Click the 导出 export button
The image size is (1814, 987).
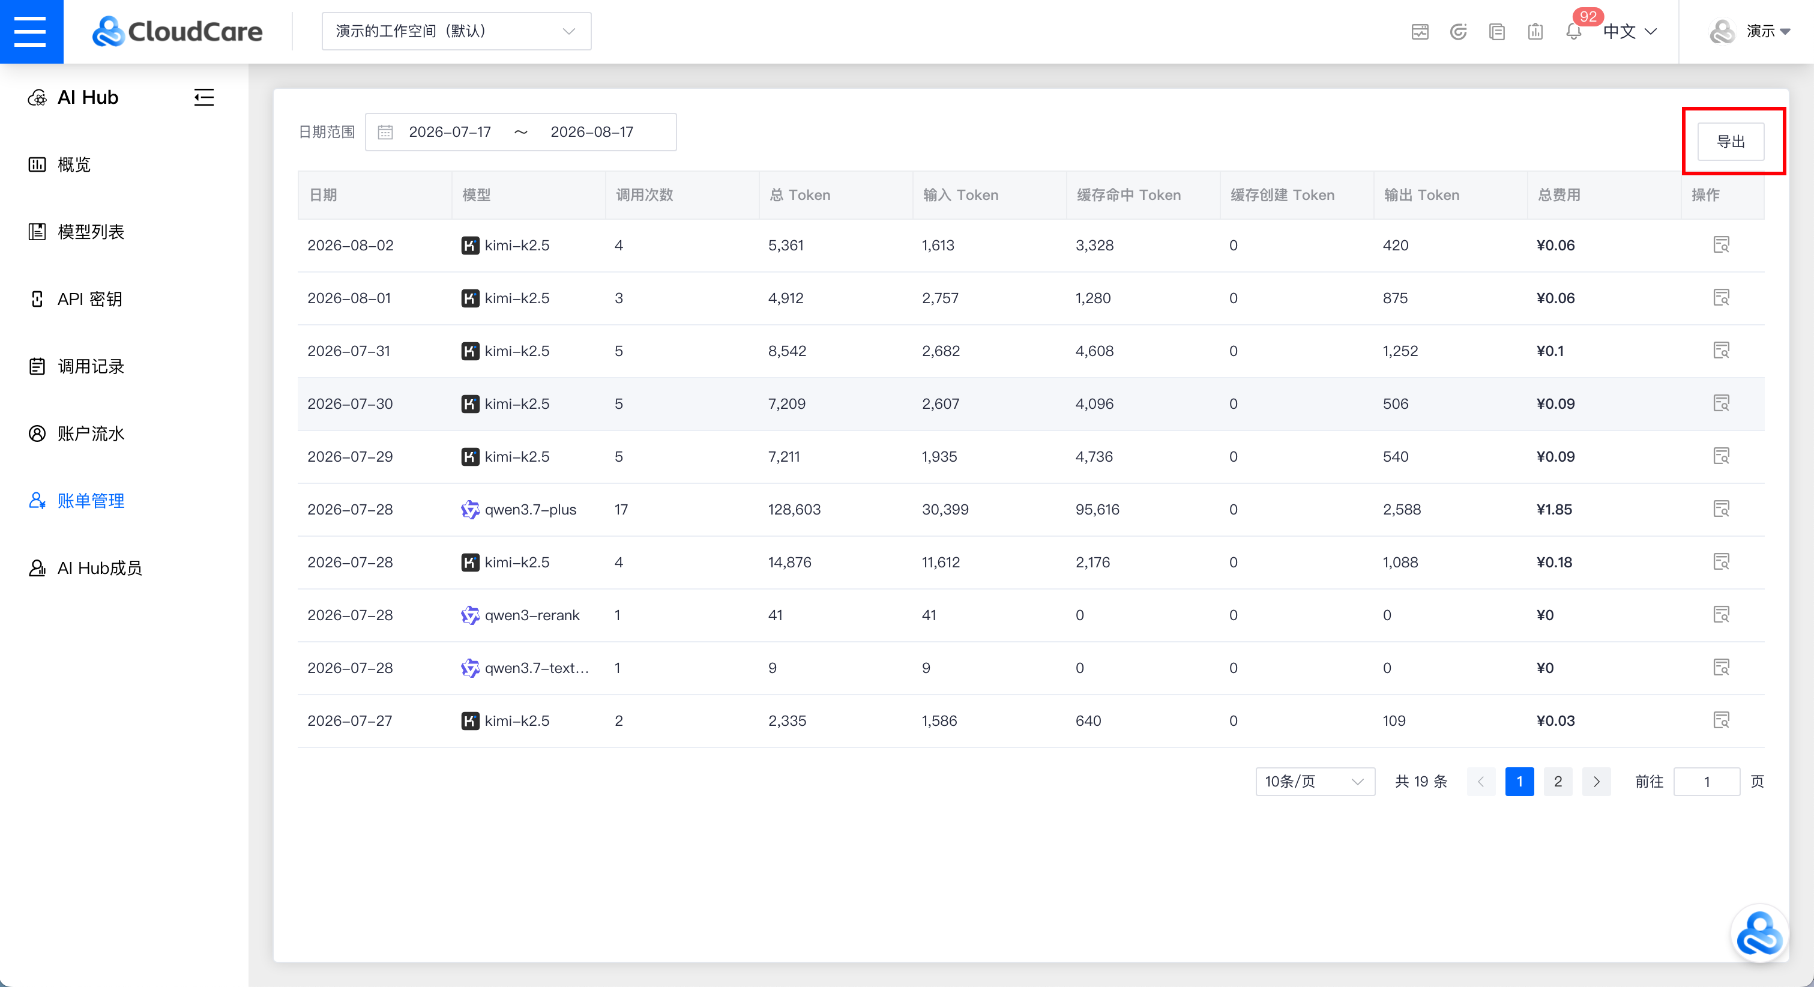click(1730, 142)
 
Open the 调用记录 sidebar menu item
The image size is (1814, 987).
click(77, 366)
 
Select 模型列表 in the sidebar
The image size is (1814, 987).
click(77, 232)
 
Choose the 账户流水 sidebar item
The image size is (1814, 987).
click(77, 434)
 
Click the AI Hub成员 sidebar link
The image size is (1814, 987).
click(85, 569)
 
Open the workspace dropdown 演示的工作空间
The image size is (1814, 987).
click(456, 31)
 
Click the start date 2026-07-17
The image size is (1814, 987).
click(450, 131)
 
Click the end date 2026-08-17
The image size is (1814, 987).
click(591, 131)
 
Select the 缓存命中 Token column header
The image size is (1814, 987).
click(1128, 195)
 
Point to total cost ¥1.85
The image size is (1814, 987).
click(1554, 509)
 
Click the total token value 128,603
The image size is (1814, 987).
click(794, 509)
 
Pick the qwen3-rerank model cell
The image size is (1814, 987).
click(520, 615)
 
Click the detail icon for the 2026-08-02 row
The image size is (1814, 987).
click(1721, 244)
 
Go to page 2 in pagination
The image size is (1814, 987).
click(1558, 781)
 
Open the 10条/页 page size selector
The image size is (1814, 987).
click(1315, 781)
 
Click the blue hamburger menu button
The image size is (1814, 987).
click(31, 32)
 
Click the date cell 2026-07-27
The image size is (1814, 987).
click(350, 720)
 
